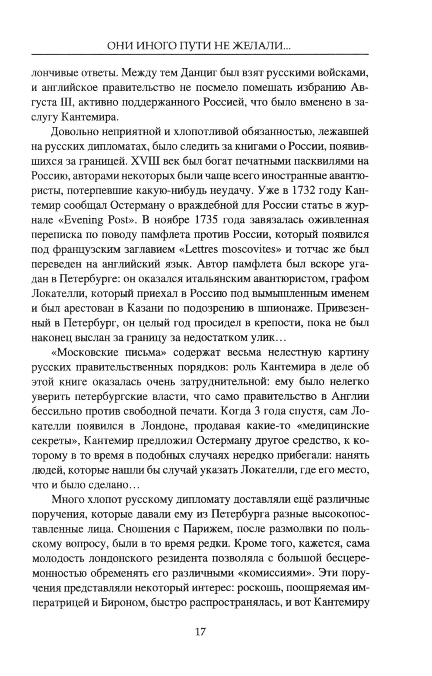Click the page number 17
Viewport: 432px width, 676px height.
point(200,632)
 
